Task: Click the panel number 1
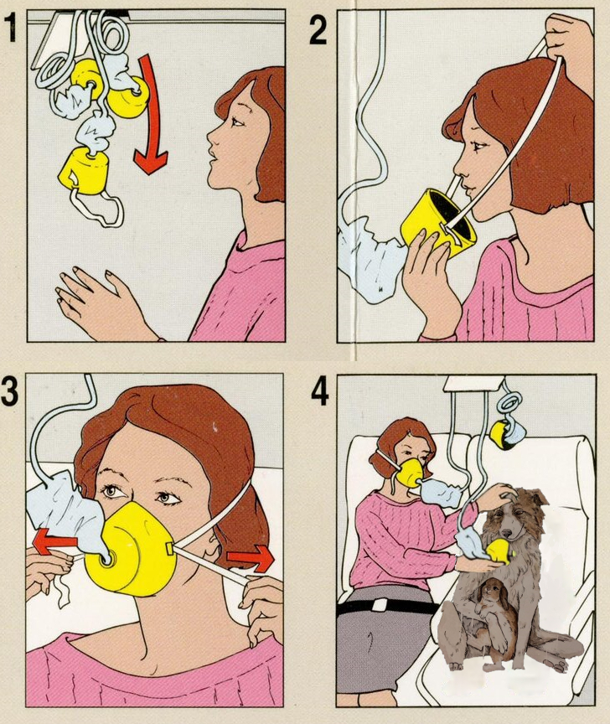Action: (11, 28)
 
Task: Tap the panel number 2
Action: (318, 29)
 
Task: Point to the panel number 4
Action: (319, 391)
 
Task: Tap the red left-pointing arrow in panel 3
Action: (56, 542)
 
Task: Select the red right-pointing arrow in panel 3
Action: (251, 558)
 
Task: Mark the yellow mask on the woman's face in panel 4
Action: (409, 472)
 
